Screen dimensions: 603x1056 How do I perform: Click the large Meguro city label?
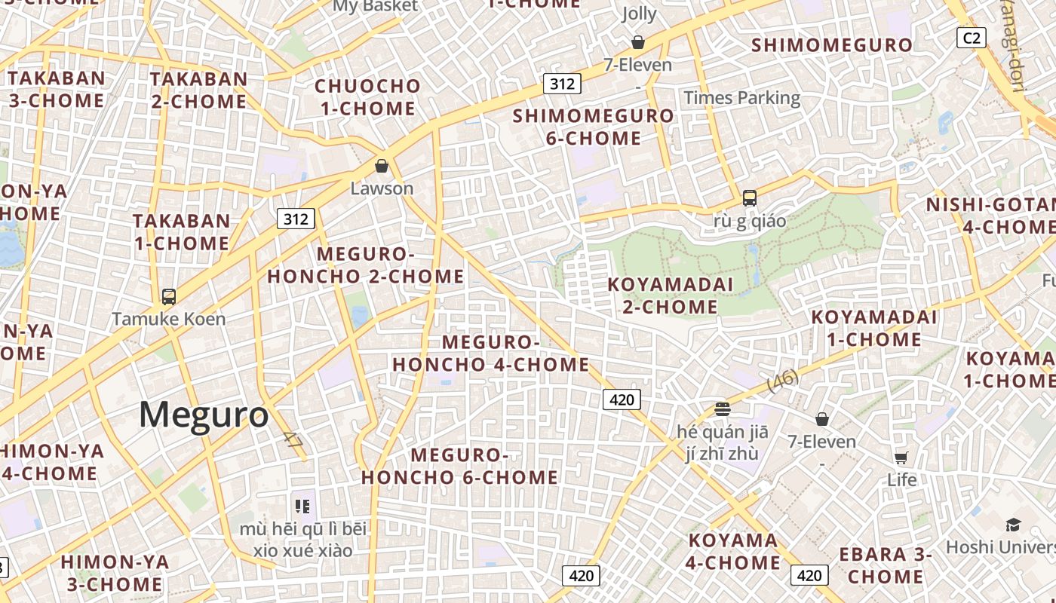(204, 415)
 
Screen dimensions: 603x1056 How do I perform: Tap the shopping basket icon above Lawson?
(382, 165)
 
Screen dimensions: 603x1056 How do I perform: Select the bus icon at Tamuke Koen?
(169, 296)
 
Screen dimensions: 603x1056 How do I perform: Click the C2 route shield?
(972, 38)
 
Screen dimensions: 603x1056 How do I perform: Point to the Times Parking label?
(741, 97)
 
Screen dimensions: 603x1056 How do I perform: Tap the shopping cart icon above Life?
(901, 458)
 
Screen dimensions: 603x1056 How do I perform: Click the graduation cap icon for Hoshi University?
(1013, 525)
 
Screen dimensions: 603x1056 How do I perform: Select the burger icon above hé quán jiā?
(723, 409)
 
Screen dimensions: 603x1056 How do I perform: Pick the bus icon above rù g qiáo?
(749, 198)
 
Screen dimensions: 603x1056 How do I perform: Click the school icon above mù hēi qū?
(302, 507)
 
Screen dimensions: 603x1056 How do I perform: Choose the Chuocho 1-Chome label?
(367, 97)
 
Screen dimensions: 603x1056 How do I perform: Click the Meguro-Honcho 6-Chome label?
(460, 466)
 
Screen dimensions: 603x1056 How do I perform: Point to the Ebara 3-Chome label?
(886, 565)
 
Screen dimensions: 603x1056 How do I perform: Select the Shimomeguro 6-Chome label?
(594, 127)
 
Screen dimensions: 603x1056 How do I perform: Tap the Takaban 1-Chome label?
(181, 232)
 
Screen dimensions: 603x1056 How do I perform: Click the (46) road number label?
(783, 380)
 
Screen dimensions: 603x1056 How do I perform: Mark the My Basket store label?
(375, 7)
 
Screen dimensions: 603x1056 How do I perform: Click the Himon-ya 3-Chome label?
(115, 573)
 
